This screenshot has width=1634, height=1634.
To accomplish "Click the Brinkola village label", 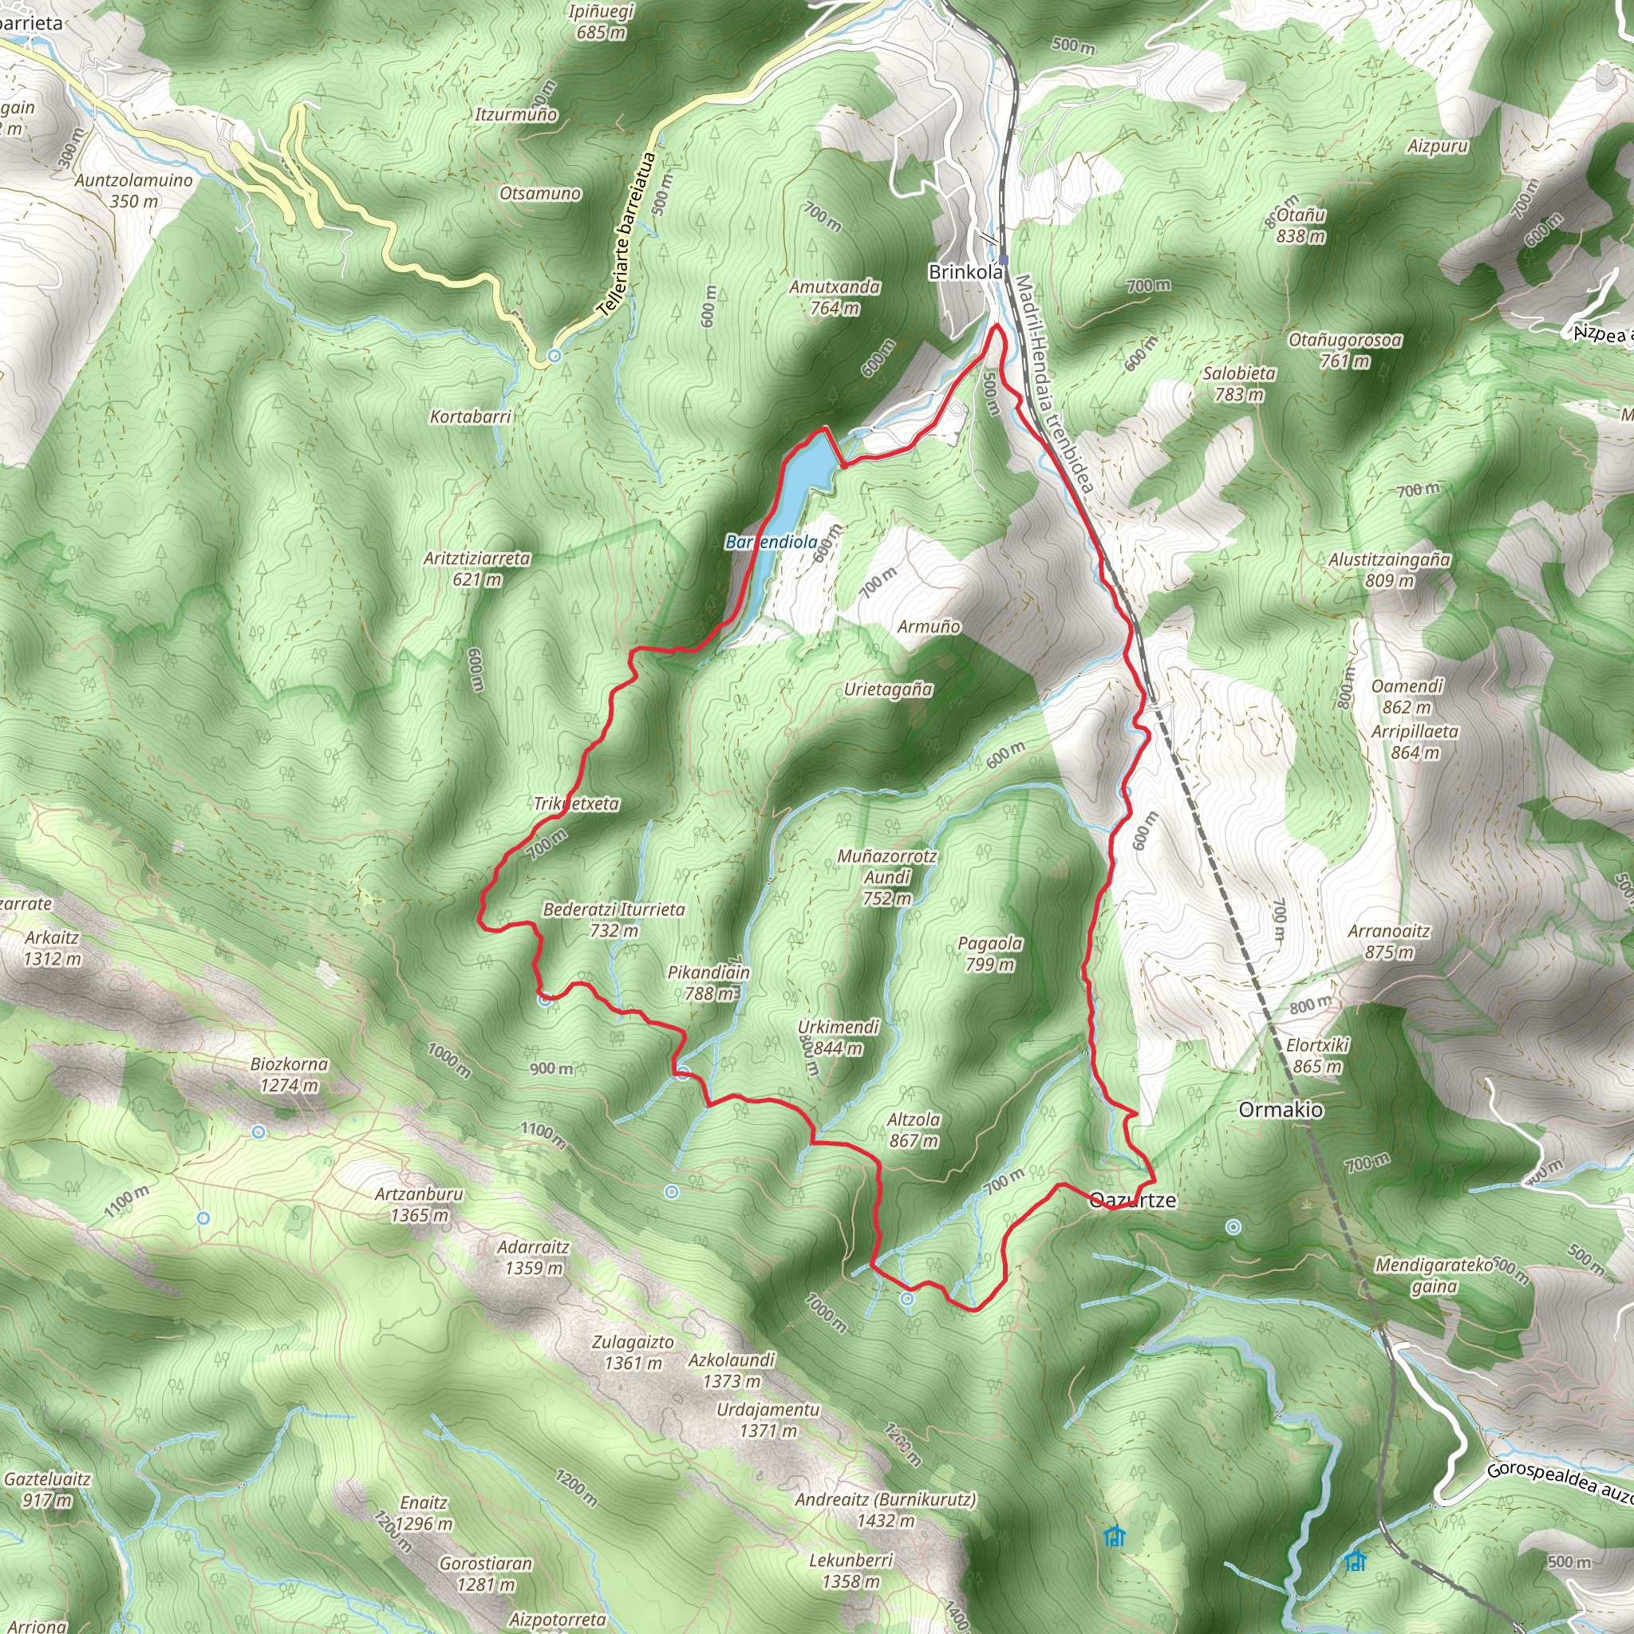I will coord(965,272).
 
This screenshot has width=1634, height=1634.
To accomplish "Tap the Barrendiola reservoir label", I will coord(772,542).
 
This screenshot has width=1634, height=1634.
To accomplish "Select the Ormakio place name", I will coord(1281,1110).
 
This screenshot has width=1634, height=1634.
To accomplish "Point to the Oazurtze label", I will coord(1133,1200).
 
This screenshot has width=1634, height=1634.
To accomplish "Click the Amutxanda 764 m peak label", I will coord(835,298).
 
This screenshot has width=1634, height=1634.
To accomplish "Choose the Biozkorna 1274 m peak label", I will coord(290,1074).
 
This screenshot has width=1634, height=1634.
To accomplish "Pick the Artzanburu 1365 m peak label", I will coord(420,1204).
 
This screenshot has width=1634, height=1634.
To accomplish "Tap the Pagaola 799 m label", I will coord(989,953).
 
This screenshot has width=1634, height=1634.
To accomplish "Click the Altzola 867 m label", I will coord(914,1130).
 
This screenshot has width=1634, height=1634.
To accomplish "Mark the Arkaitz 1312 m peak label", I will coord(53,947).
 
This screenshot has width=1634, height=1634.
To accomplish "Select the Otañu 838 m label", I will coord(1300,225).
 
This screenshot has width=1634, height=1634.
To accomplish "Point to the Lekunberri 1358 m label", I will coord(851,1570).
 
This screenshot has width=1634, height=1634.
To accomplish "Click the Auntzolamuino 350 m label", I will coord(133,191).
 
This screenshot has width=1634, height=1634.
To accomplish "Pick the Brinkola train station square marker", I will coord(1002,260).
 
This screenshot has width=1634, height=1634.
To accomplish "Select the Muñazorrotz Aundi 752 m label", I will coord(887,877).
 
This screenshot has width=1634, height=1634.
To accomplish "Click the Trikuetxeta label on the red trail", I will coord(577,803).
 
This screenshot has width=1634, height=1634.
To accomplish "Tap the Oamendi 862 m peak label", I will coord(1407,697).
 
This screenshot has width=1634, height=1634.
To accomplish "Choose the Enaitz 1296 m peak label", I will coord(424,1513).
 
